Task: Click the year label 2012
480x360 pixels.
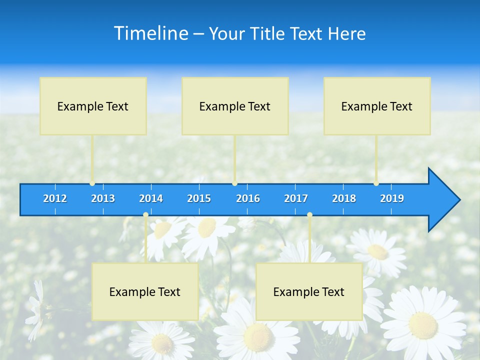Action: [55, 198]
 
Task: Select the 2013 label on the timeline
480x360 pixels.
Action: [103, 198]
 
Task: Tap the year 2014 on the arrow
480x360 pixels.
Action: [151, 198]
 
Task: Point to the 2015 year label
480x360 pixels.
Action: [199, 198]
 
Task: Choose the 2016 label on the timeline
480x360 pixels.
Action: [248, 198]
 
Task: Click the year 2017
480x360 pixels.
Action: [296, 198]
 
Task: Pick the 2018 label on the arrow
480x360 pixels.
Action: [344, 198]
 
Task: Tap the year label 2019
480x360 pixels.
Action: [392, 198]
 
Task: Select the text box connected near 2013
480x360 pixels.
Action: [93, 106]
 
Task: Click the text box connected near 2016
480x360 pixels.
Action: [235, 106]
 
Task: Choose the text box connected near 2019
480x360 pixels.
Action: [377, 106]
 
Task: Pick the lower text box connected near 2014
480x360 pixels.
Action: [145, 291]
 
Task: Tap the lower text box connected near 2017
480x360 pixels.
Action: [309, 291]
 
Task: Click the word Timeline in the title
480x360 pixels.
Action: [151, 33]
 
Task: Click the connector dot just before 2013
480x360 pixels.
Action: [92, 183]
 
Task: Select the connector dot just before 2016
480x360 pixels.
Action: [235, 183]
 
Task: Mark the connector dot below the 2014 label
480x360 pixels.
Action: [145, 215]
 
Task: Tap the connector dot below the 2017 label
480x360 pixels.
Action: [309, 215]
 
